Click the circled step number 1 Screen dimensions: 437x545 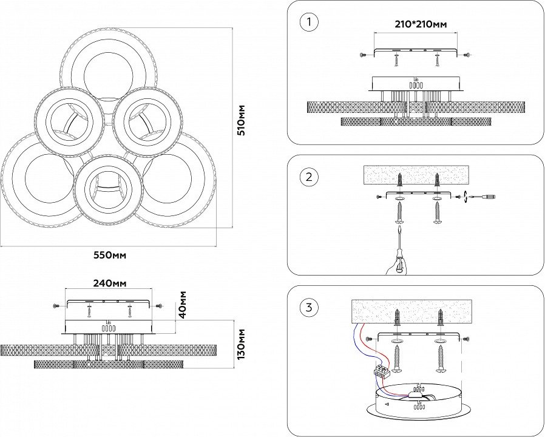pyautogui.click(x=309, y=24)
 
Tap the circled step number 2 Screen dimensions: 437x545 pyautogui.click(x=309, y=177)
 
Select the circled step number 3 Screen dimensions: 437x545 pyautogui.click(x=309, y=308)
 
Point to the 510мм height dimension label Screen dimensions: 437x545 pyautogui.click(x=242, y=120)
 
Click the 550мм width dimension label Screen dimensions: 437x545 pyautogui.click(x=110, y=255)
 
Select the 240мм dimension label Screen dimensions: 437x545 pyautogui.click(x=110, y=283)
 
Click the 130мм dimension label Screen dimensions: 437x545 pyautogui.click(x=241, y=344)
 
